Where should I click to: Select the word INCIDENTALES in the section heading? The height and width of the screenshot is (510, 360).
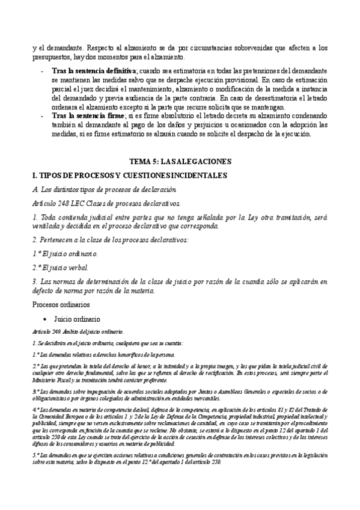(x=197, y=175)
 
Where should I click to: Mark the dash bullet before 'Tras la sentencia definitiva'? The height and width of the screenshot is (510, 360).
(x=41, y=71)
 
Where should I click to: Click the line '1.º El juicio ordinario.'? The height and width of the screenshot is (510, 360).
(x=64, y=254)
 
